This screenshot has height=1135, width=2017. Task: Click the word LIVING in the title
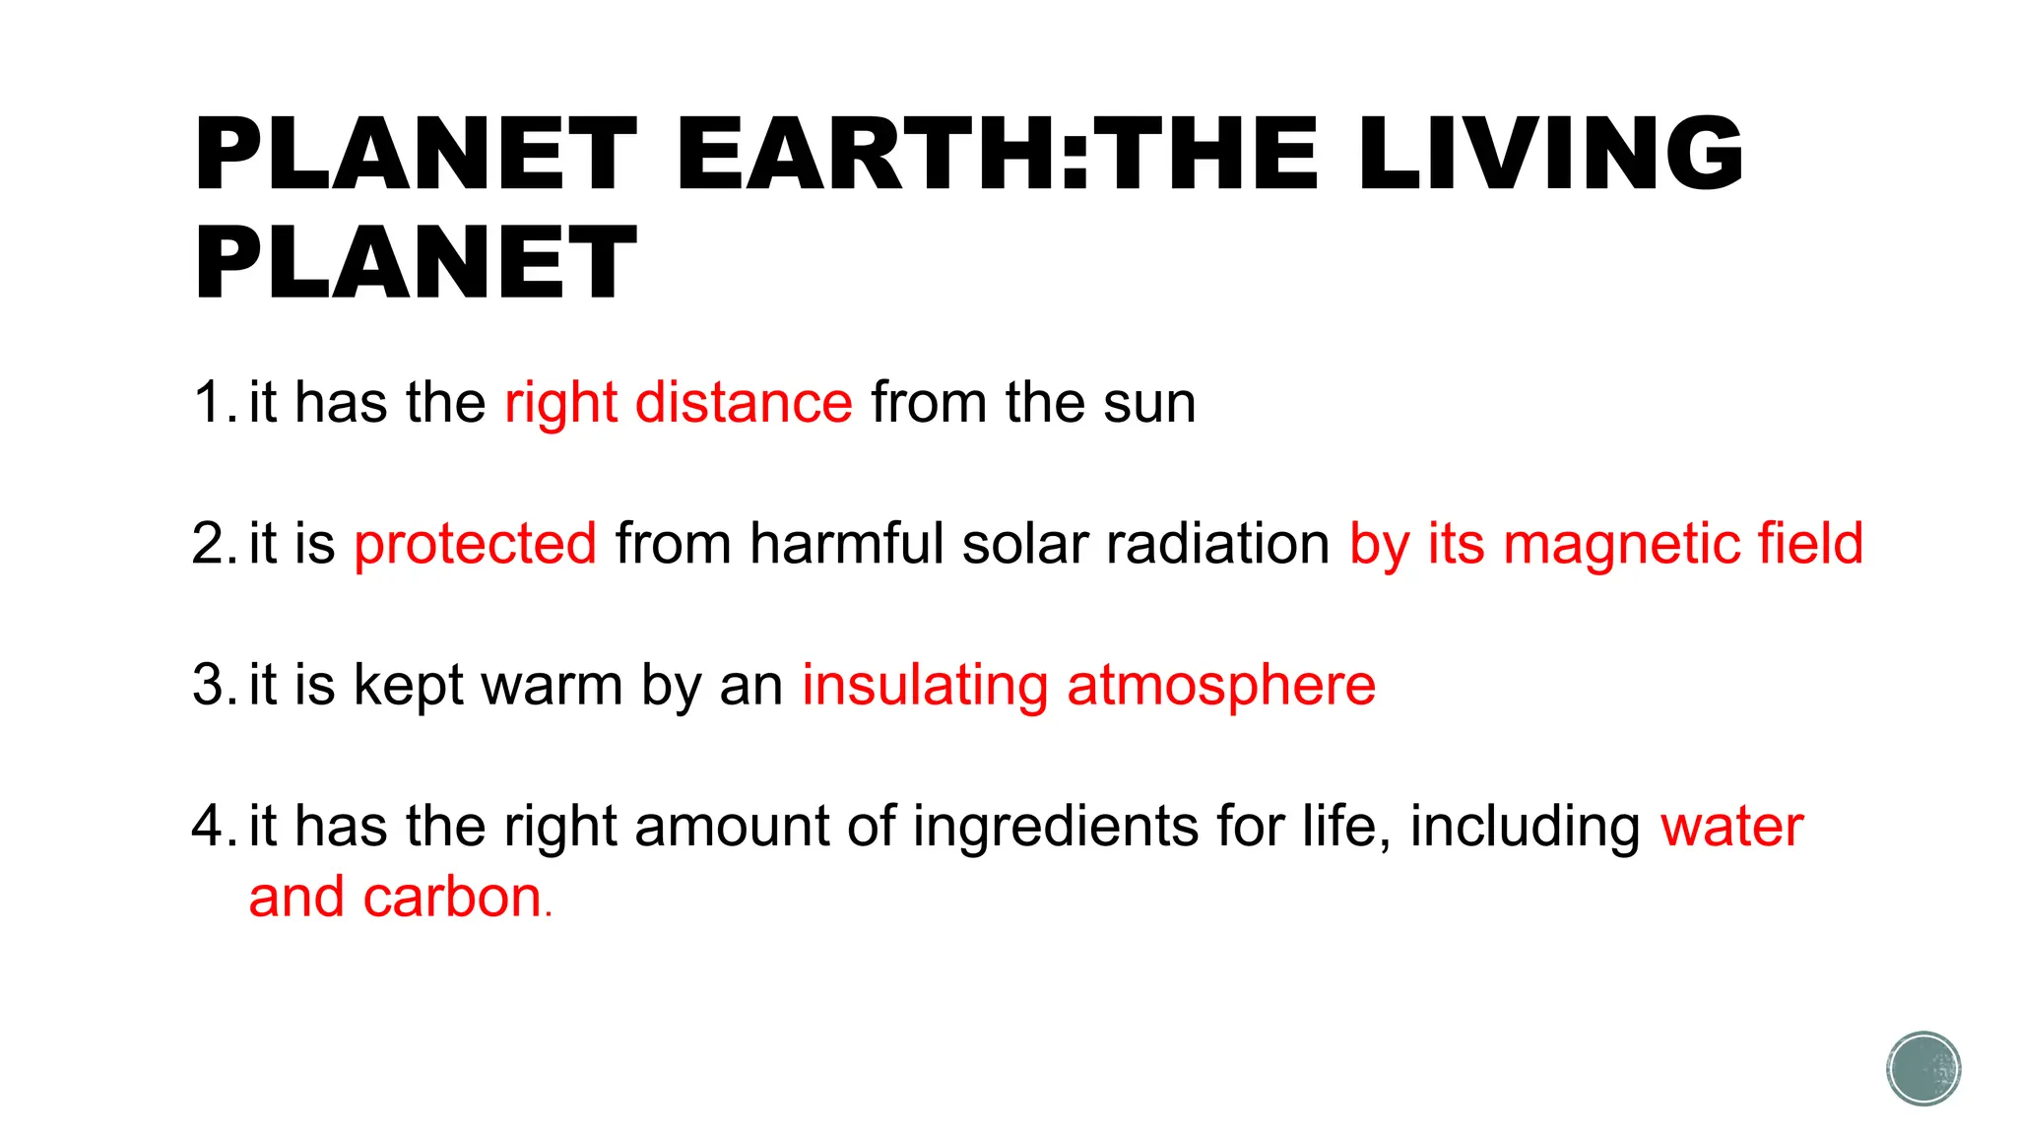[1549, 154]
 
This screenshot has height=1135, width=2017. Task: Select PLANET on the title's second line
[416, 262]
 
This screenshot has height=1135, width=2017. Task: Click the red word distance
[744, 403]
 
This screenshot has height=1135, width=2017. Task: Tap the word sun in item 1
[1149, 403]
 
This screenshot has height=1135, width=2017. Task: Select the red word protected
[475, 544]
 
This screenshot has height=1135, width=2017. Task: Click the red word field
[1810, 544]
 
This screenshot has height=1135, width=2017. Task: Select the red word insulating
[925, 685]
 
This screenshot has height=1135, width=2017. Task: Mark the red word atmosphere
[1221, 685]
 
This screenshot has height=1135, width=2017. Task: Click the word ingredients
[1055, 826]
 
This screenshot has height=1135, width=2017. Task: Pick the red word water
[1731, 826]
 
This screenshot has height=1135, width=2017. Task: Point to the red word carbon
[452, 898]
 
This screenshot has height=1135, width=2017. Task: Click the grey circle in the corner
[1923, 1069]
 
